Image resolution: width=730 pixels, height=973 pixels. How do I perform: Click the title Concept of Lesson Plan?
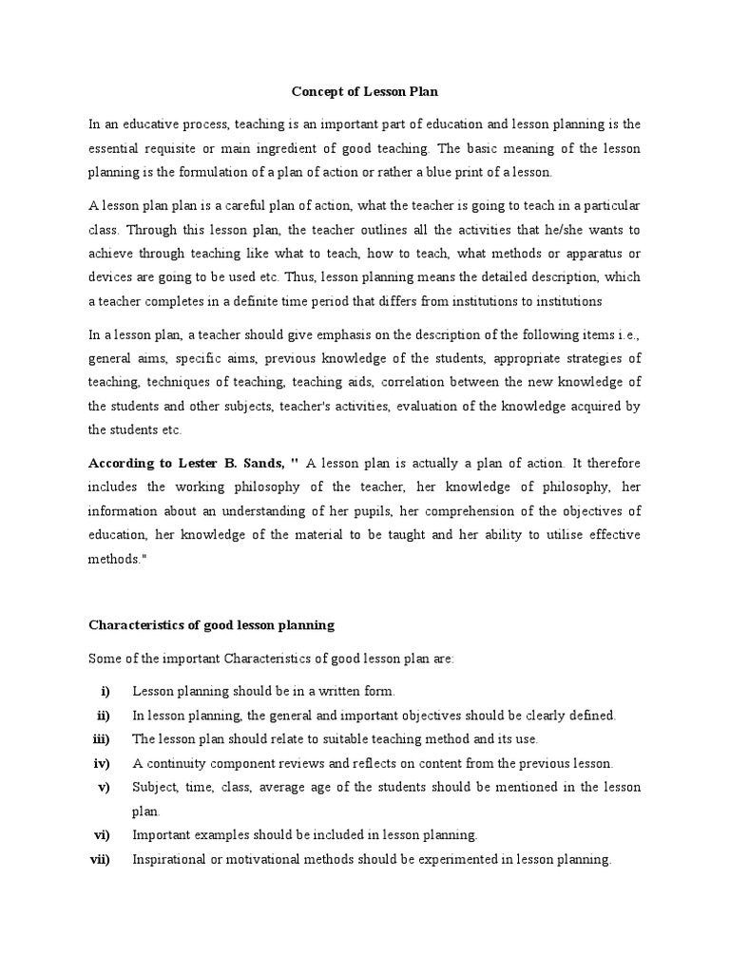click(x=364, y=92)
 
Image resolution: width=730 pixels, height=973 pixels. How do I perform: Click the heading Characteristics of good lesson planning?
click(x=211, y=625)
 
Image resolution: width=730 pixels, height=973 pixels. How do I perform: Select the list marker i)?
click(x=105, y=692)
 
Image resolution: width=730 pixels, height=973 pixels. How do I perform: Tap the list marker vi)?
click(x=101, y=836)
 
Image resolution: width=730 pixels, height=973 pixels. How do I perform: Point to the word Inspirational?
click(x=170, y=860)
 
